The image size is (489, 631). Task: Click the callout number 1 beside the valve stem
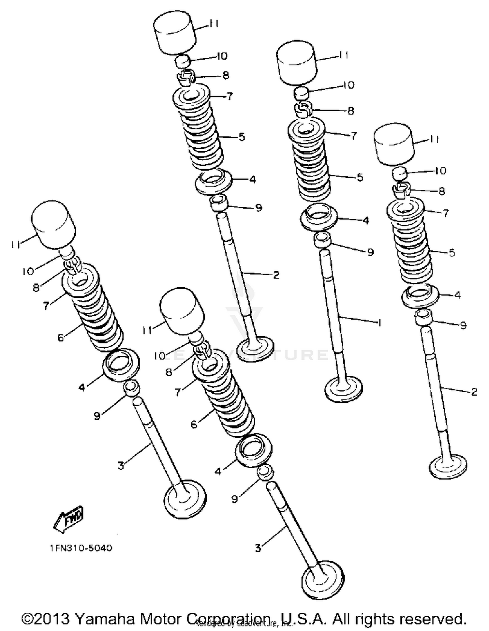[x=379, y=323]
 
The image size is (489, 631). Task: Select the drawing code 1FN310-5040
[x=81, y=548]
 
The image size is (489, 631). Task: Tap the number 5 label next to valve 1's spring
[x=360, y=177]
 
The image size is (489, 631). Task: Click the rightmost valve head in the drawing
[x=448, y=467]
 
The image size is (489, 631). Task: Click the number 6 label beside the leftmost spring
[x=61, y=338]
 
